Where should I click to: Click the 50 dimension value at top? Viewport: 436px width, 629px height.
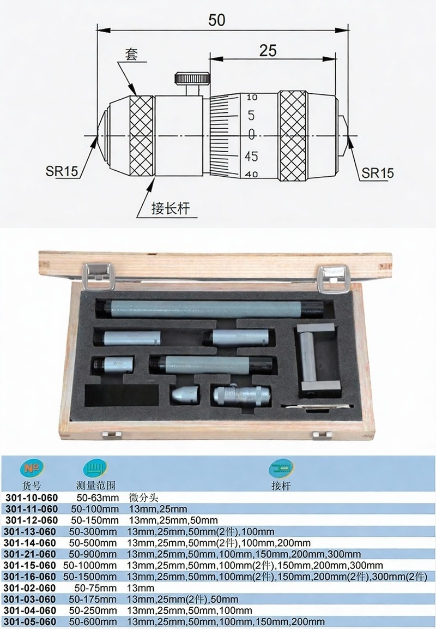tap(217, 20)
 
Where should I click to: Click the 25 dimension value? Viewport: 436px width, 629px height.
tap(268, 51)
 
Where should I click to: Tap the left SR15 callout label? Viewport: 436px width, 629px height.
tap(62, 171)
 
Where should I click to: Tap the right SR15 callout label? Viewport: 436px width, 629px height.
tap(378, 173)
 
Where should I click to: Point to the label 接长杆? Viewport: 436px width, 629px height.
tap(170, 208)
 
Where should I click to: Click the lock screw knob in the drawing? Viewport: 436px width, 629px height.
tap(192, 78)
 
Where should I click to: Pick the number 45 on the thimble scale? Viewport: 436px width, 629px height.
tap(251, 156)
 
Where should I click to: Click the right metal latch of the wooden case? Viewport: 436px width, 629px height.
tap(334, 279)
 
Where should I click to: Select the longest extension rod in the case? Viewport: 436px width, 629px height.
tap(209, 309)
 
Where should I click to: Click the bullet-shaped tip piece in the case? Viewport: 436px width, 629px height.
tap(185, 395)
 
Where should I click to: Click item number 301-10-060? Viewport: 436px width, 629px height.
tap(32, 498)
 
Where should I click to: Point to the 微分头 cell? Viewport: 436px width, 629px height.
tap(143, 498)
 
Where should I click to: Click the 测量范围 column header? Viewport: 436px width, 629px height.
tap(96, 486)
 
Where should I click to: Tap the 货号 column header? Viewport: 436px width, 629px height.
tap(32, 486)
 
